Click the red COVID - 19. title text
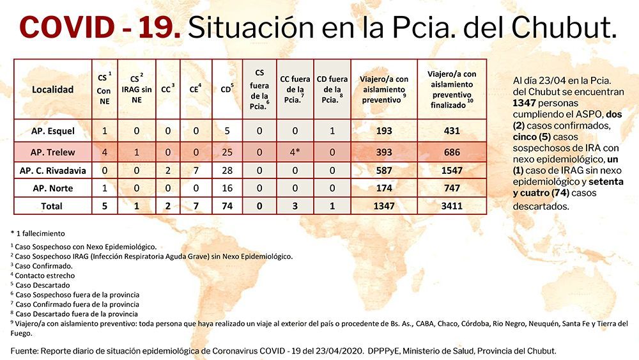100,27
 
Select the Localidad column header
52,90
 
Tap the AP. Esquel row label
53,131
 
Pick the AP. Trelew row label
53,152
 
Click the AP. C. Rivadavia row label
53,171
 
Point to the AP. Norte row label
53,189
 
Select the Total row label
52,207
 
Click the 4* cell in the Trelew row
295,152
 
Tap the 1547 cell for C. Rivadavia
452,171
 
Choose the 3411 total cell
452,207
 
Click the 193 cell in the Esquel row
384,131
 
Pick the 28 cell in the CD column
227,171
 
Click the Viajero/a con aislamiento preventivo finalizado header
452,90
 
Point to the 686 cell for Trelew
452,152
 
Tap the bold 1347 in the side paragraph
524,103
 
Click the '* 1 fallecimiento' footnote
38,233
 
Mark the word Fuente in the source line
24,351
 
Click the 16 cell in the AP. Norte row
227,189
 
